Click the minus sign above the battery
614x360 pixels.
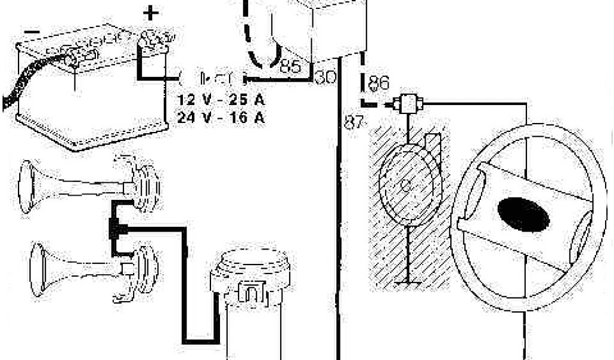(x=34, y=31)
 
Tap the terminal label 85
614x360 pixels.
(x=290, y=67)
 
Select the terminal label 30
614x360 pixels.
(x=325, y=77)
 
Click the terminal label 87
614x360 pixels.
(x=353, y=122)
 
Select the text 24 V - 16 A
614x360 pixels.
(x=221, y=117)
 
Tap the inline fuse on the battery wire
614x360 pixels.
(x=214, y=78)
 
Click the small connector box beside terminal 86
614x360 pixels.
(x=410, y=104)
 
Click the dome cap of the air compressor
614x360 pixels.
(x=255, y=262)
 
